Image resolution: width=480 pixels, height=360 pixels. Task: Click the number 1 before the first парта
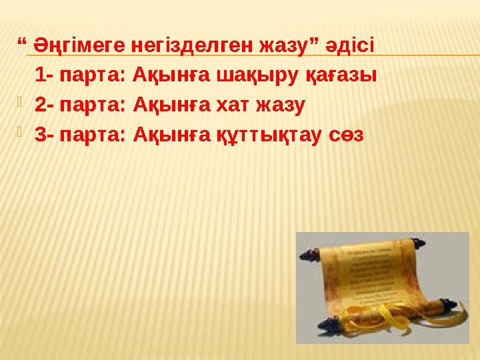coord(39,75)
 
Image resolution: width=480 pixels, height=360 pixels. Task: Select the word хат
coord(235,105)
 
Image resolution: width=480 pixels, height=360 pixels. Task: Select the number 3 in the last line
coord(39,134)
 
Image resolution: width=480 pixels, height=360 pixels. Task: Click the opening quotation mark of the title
coord(22,44)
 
